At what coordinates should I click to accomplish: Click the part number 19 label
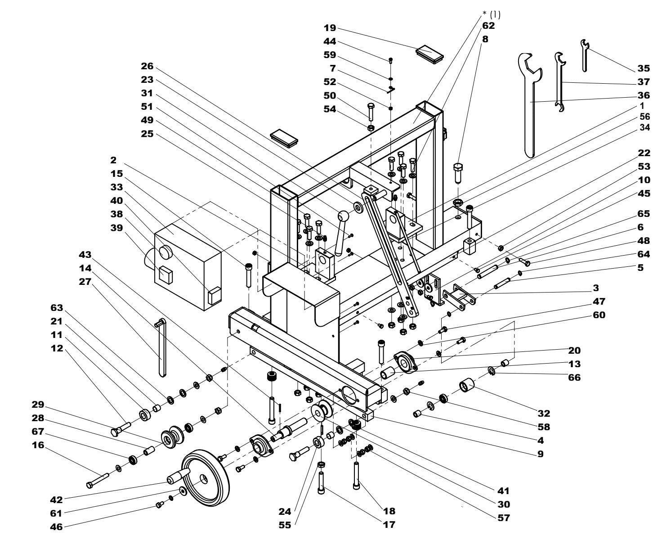(330, 28)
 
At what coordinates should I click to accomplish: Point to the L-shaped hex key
(162, 346)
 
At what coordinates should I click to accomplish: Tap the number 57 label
(503, 518)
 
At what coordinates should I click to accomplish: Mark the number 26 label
(147, 66)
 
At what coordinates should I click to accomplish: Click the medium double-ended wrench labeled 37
(559, 81)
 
